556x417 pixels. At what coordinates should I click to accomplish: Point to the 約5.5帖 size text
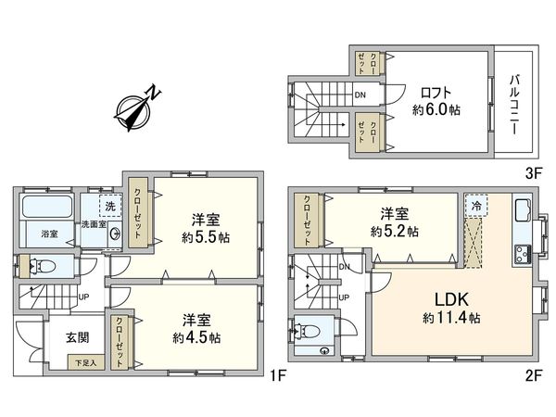tap(205, 236)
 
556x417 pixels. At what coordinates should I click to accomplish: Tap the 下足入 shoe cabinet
tap(85, 363)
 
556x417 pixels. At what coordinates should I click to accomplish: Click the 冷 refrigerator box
tap(476, 205)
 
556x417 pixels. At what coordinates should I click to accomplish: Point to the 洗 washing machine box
tap(110, 206)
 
